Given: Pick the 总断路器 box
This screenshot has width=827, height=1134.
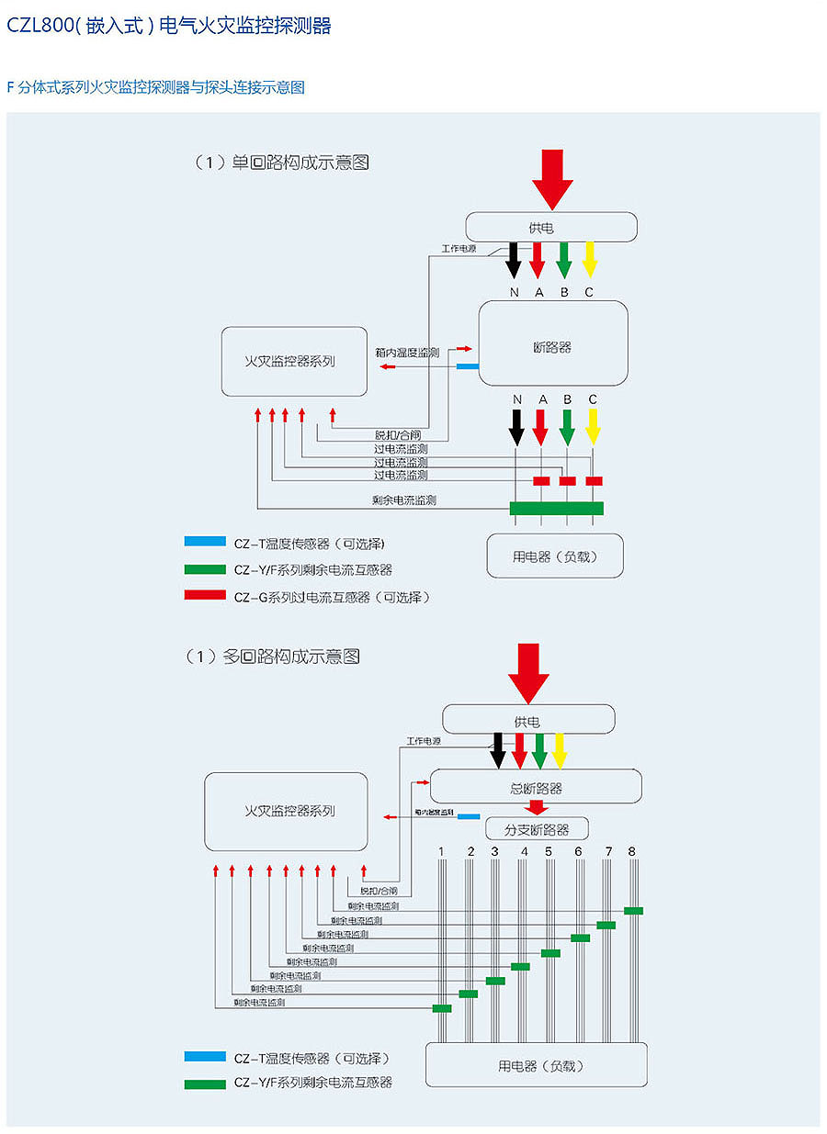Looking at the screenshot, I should tap(536, 788).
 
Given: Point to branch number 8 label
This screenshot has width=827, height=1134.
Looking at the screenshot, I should tap(632, 851).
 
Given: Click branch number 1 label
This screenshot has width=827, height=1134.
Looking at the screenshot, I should tap(441, 852).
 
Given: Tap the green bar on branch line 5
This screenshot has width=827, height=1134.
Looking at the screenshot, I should tap(550, 953).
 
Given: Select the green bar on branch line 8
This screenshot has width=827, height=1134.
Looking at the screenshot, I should tap(633, 911).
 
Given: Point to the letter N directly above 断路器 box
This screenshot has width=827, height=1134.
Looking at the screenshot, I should tap(515, 292).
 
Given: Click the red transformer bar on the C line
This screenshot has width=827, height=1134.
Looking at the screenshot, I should tap(594, 481).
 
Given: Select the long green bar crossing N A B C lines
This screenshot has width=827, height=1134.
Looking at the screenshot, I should tap(557, 508).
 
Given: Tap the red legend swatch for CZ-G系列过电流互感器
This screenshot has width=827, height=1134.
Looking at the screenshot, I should tap(205, 595).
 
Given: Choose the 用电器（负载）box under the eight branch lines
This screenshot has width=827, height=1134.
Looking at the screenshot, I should tap(536, 1066).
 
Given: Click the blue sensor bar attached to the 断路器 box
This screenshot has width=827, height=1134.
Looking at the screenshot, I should tap(468, 366).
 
